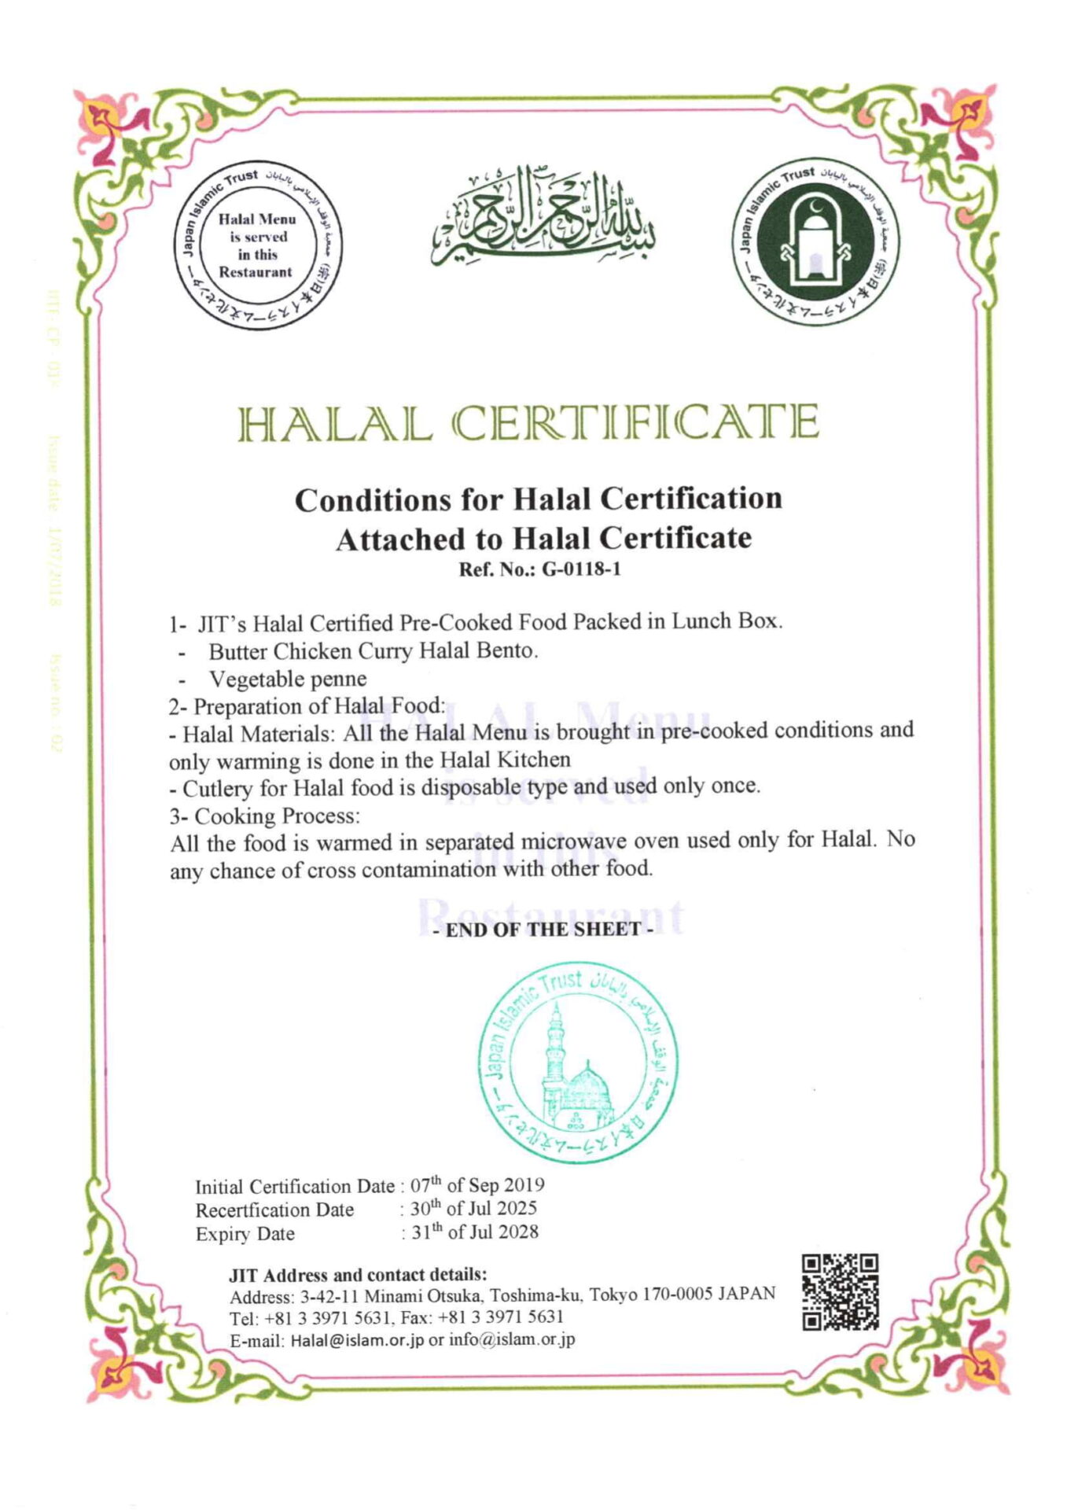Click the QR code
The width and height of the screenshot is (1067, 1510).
(x=840, y=1292)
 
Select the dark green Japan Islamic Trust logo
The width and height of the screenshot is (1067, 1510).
(x=816, y=246)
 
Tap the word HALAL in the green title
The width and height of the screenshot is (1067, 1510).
(x=336, y=423)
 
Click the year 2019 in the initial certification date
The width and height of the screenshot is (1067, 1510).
(x=523, y=1184)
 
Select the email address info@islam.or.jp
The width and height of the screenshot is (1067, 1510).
(x=511, y=1339)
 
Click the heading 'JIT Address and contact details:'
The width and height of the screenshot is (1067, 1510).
(x=358, y=1273)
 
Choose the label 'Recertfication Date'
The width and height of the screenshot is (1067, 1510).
(x=274, y=1210)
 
